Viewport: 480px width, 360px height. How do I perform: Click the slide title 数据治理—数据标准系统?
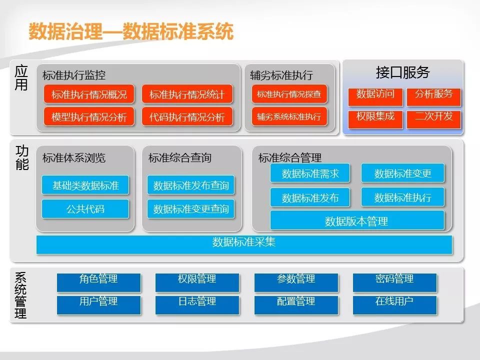pyautogui.click(x=131, y=31)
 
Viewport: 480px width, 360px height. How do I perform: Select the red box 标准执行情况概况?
pyautogui.click(x=89, y=94)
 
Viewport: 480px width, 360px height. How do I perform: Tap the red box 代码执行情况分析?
pyautogui.click(x=187, y=116)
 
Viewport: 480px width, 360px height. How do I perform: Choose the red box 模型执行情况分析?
pyautogui.click(x=89, y=116)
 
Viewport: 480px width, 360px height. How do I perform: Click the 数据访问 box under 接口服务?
pyautogui.click(x=375, y=96)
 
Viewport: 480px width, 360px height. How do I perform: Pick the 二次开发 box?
pyautogui.click(x=434, y=119)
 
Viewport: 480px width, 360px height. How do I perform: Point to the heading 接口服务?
pyautogui.click(x=403, y=72)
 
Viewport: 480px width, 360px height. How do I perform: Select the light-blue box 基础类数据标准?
pyautogui.click(x=85, y=185)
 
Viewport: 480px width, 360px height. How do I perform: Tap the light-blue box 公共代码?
pyautogui.click(x=85, y=209)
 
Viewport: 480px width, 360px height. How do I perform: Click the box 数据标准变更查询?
pyautogui.click(x=190, y=209)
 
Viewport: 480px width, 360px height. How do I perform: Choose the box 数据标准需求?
pyautogui.click(x=310, y=173)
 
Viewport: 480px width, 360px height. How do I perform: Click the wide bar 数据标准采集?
pyautogui.click(x=244, y=244)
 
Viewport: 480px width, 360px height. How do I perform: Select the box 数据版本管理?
pyautogui.click(x=357, y=220)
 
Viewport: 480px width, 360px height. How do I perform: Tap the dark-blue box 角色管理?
pyautogui.click(x=99, y=282)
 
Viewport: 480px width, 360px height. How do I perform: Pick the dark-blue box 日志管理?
pyautogui.click(x=197, y=305)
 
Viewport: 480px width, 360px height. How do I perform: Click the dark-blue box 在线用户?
pyautogui.click(x=395, y=305)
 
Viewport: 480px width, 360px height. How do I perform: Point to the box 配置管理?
pyautogui.click(x=296, y=305)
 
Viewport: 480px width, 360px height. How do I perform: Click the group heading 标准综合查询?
pyautogui.click(x=180, y=158)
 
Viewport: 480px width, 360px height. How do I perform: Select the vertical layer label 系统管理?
pyautogui.click(x=21, y=295)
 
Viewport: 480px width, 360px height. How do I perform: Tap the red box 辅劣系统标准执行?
pyautogui.click(x=289, y=116)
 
